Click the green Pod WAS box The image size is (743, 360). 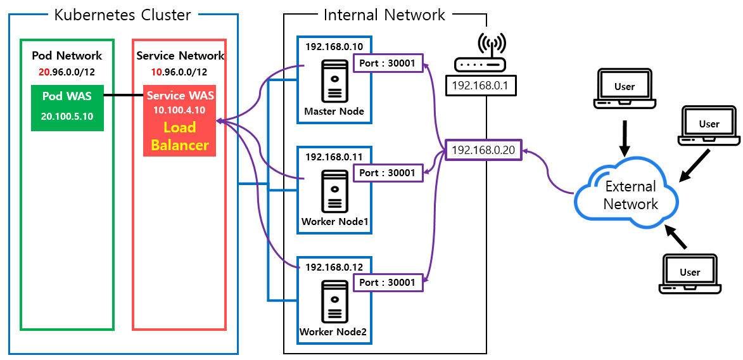coord(67,108)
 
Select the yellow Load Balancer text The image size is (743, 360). coord(180,136)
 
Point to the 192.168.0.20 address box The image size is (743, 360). coord(483,150)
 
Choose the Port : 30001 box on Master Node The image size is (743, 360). coord(388,63)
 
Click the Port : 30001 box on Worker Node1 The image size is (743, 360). coord(388,173)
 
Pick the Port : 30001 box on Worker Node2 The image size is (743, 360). coord(388,282)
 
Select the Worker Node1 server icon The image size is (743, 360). coord(334,191)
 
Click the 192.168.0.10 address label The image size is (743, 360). coord(334,46)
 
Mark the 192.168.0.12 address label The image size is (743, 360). coord(334,267)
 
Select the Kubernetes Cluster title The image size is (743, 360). coord(123,15)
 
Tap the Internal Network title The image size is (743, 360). coord(384,15)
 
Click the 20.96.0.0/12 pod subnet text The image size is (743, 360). coord(67,72)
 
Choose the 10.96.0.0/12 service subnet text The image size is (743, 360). coord(179,72)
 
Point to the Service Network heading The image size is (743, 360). coord(180,56)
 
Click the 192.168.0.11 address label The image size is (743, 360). coord(334,157)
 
